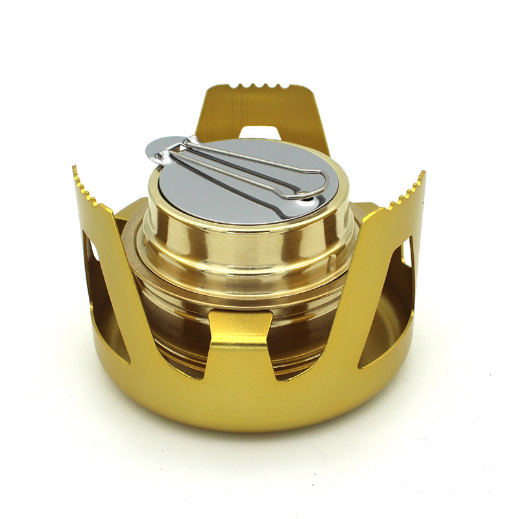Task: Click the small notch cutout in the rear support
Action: coord(259,132)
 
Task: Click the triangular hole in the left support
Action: coord(104,292)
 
